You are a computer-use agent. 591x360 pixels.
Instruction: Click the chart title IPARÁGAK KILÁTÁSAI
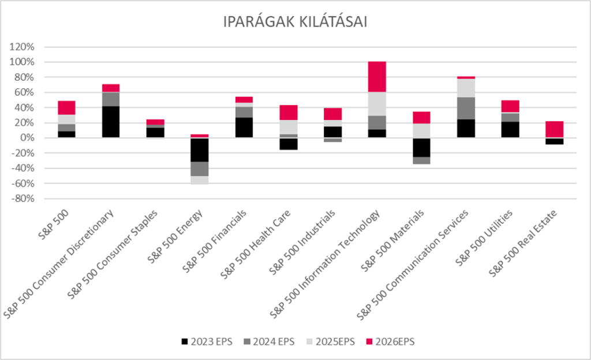tap(295, 22)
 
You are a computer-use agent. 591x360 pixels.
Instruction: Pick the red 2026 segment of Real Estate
tap(555, 129)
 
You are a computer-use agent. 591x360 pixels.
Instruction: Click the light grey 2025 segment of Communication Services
tap(466, 88)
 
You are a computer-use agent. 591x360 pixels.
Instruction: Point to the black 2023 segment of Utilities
tap(510, 130)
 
